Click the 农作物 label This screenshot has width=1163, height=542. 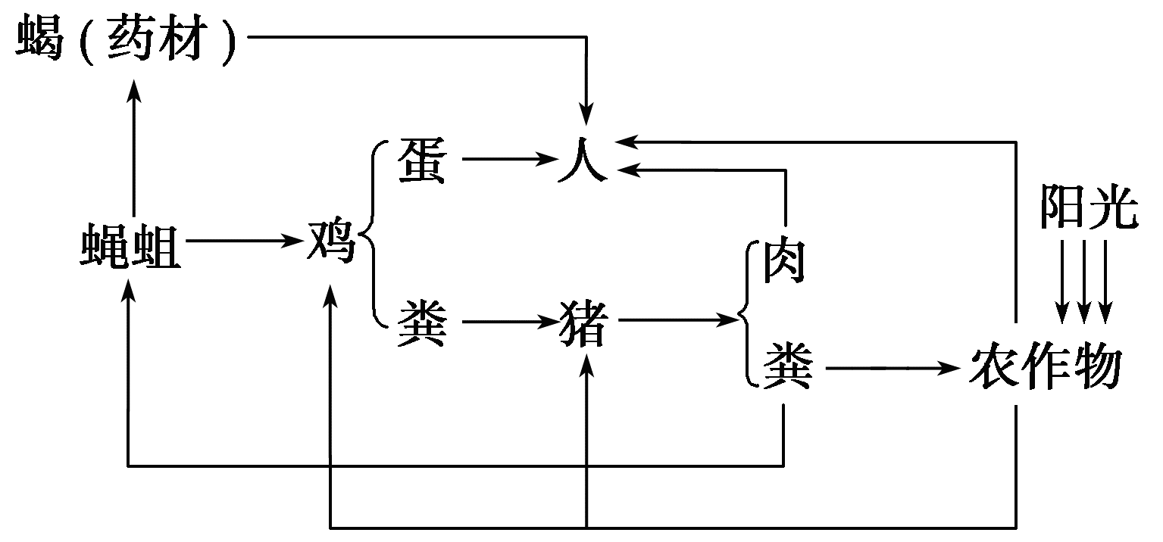click(x=1045, y=368)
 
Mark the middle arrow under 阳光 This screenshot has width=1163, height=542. click(x=1084, y=280)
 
